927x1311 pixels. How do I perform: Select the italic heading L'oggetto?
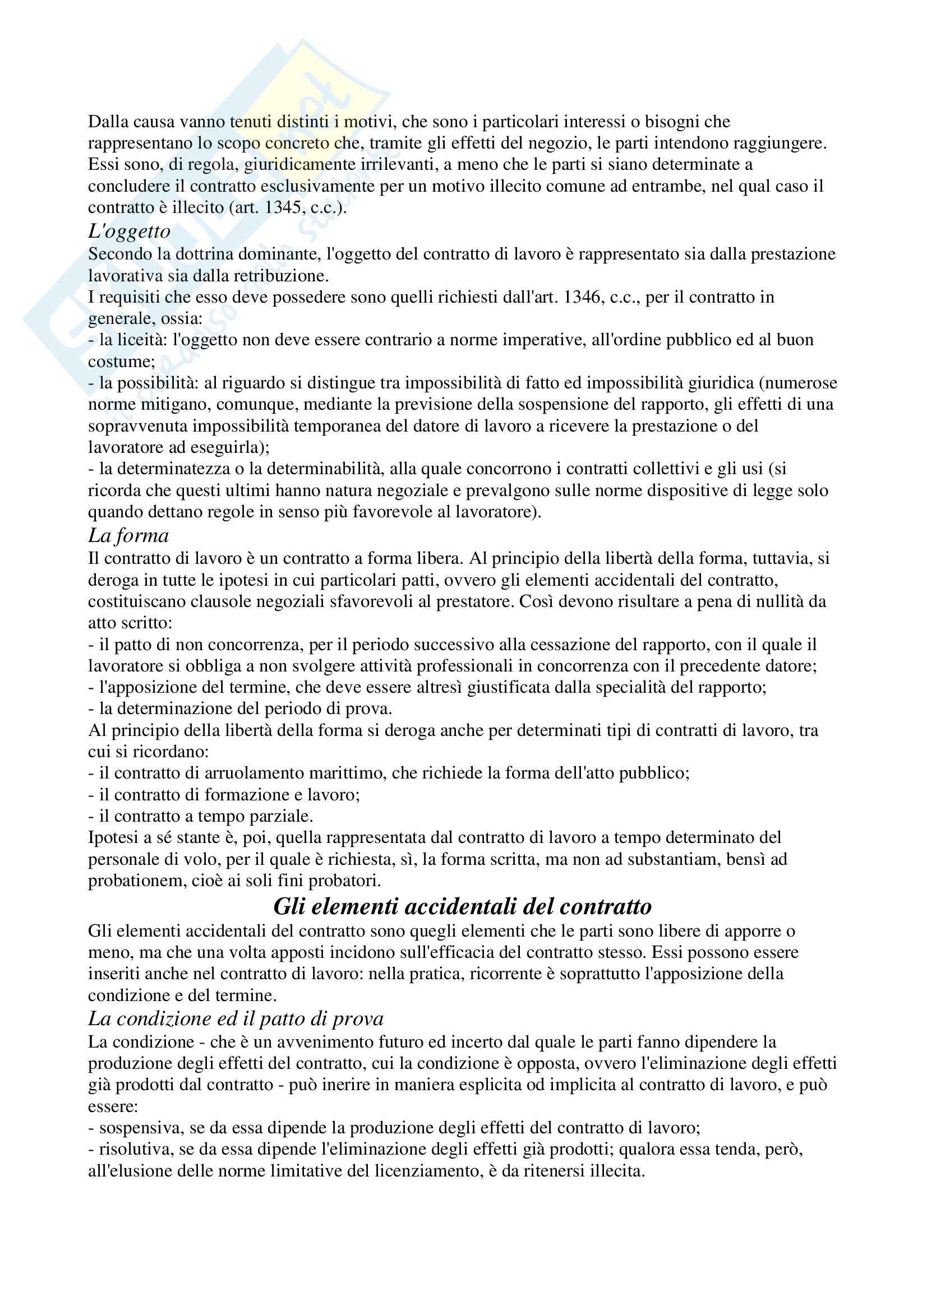tap(129, 231)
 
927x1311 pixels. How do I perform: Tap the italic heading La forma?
tap(128, 536)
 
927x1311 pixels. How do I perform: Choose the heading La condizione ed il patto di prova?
tap(236, 1018)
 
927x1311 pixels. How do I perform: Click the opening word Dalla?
tap(109, 122)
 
